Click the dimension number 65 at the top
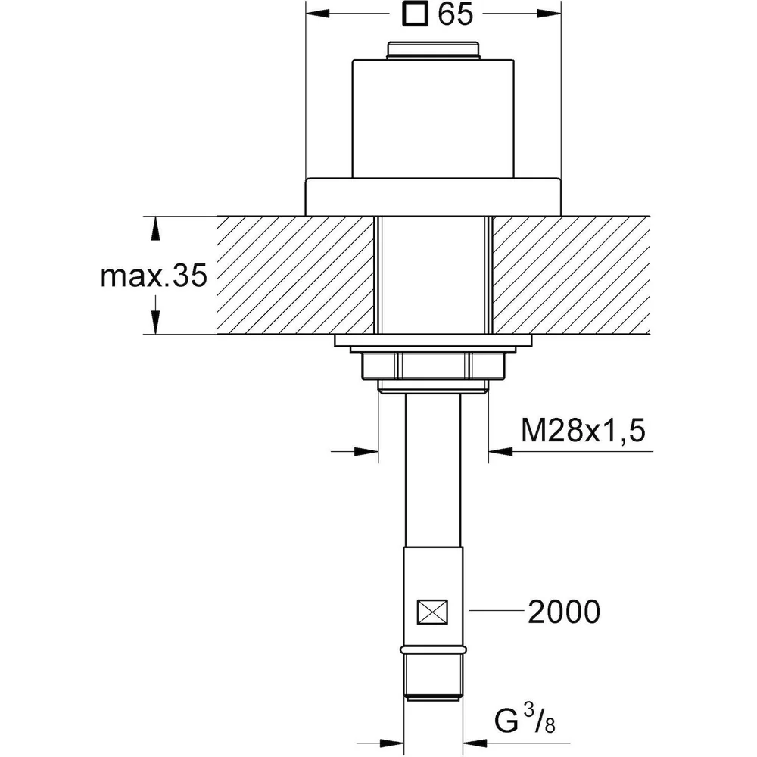[455, 14]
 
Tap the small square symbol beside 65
[415, 14]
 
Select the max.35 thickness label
[154, 276]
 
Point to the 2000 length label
[564, 611]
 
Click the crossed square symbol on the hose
[432, 612]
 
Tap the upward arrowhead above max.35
[155, 229]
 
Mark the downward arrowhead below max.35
[155, 322]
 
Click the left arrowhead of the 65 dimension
[318, 14]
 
